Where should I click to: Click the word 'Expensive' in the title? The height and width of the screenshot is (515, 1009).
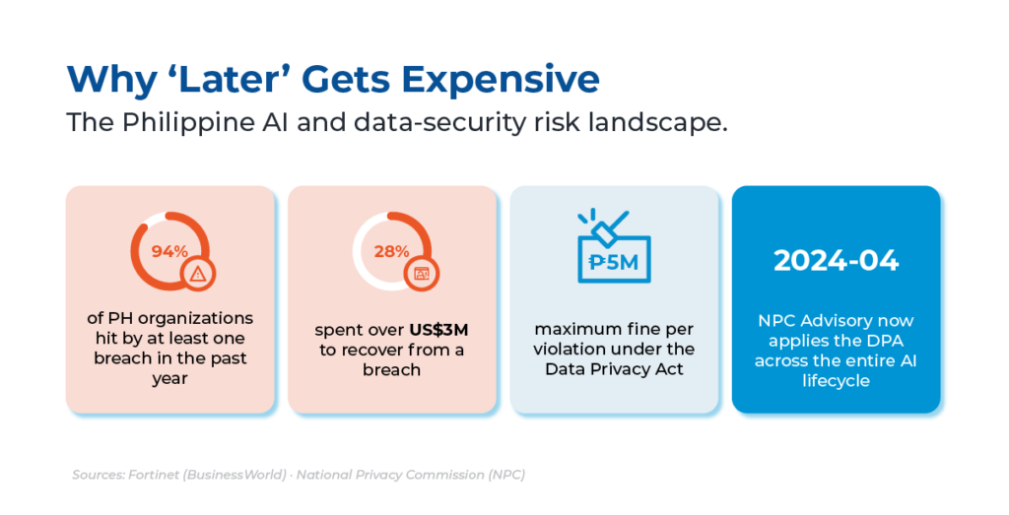point(501,80)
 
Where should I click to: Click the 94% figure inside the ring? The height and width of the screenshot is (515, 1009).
point(169,251)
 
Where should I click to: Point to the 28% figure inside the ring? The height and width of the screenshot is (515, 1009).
point(391,251)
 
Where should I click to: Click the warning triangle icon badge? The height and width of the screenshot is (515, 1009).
point(197,275)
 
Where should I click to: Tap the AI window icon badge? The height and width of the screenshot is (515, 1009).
point(421,275)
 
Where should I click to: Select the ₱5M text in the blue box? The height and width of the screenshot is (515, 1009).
point(614,262)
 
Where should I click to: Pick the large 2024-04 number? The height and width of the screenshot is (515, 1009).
point(836,260)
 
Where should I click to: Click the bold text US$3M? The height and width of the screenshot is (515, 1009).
point(438,330)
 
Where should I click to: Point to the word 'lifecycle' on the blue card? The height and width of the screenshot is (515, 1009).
point(836,381)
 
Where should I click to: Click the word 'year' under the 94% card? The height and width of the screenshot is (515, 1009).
point(169,379)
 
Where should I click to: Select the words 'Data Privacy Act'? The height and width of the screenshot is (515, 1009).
point(614,369)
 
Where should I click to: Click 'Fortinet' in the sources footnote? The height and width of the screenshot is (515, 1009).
point(154,476)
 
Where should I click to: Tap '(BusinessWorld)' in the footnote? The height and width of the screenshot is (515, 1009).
point(235,476)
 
